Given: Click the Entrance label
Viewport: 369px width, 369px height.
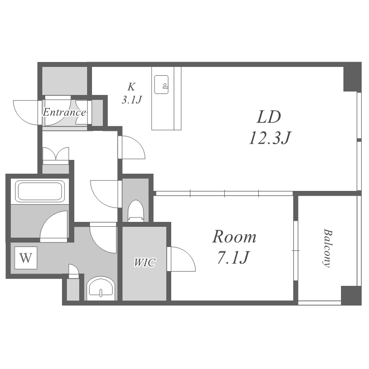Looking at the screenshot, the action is pos(64,112).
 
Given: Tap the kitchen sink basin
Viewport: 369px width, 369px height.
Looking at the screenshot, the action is pos(161,85).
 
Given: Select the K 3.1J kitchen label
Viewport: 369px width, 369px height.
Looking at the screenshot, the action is pos(131,93).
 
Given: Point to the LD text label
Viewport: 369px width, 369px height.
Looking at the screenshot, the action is pos(269,117).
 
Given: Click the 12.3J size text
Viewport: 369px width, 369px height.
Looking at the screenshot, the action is pos(270,138).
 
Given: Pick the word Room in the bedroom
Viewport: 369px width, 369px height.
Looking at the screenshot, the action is pos(234,237).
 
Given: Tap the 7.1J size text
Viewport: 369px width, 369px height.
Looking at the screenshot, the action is pos(233,257).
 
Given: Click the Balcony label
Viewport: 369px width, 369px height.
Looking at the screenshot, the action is pos(328,248).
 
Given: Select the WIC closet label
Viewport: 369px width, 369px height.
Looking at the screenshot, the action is pos(145,262).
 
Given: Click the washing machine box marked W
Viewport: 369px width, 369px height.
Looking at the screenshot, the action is pos(26,258).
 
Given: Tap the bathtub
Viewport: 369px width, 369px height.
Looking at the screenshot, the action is pos(40,191).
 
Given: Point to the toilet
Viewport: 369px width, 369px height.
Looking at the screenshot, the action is pos(136,211).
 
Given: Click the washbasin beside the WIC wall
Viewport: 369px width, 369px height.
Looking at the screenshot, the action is pos(101,288).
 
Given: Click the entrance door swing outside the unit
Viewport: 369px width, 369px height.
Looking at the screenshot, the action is pos(27,113).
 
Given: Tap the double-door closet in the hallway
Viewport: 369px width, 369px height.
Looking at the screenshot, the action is pos(56,155).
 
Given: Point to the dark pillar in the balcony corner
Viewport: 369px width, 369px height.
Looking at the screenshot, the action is pos(351,295).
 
